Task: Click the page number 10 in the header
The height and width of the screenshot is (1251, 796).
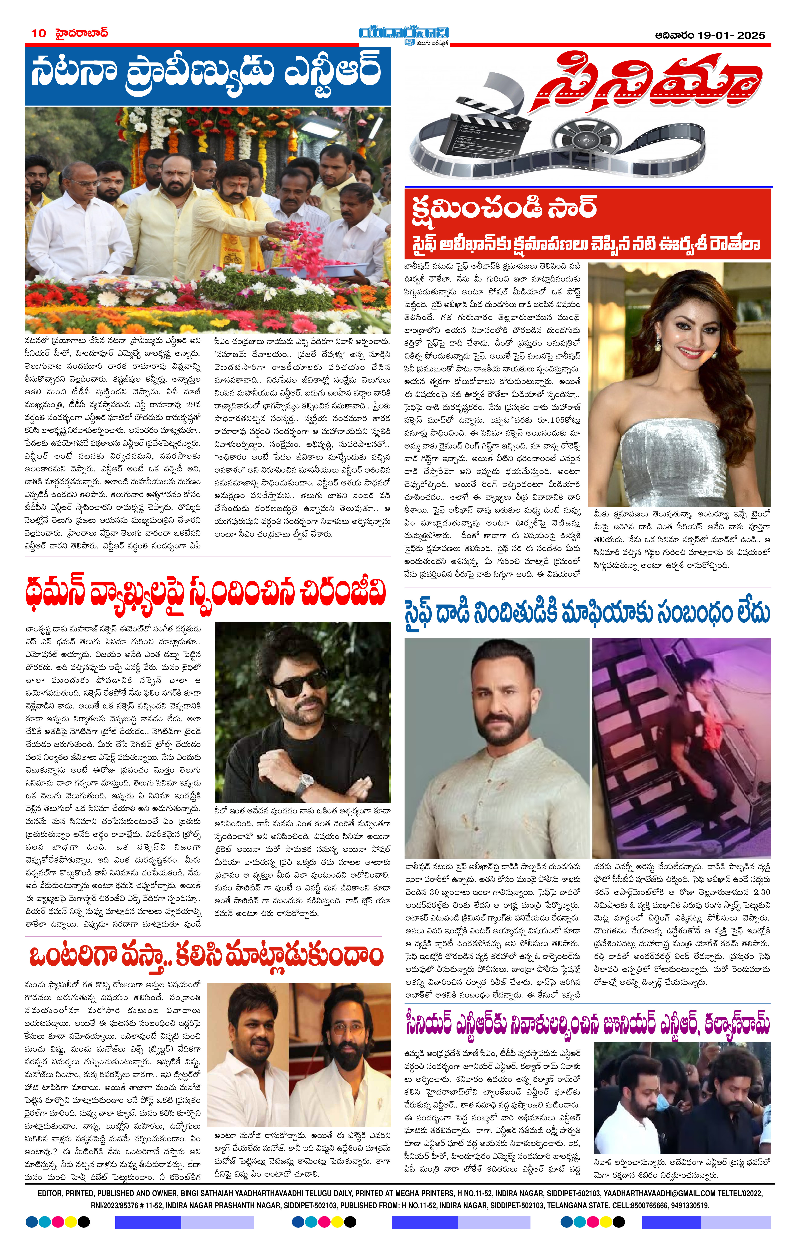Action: click(x=39, y=33)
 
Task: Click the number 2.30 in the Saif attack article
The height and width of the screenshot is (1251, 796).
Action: click(x=762, y=892)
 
